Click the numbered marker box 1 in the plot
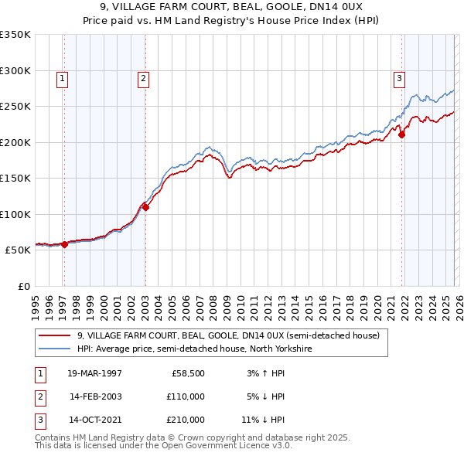(x=61, y=77)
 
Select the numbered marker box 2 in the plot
(x=144, y=77)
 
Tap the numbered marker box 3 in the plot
(x=399, y=77)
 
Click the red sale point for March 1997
(x=64, y=244)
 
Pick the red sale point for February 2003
(x=145, y=207)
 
